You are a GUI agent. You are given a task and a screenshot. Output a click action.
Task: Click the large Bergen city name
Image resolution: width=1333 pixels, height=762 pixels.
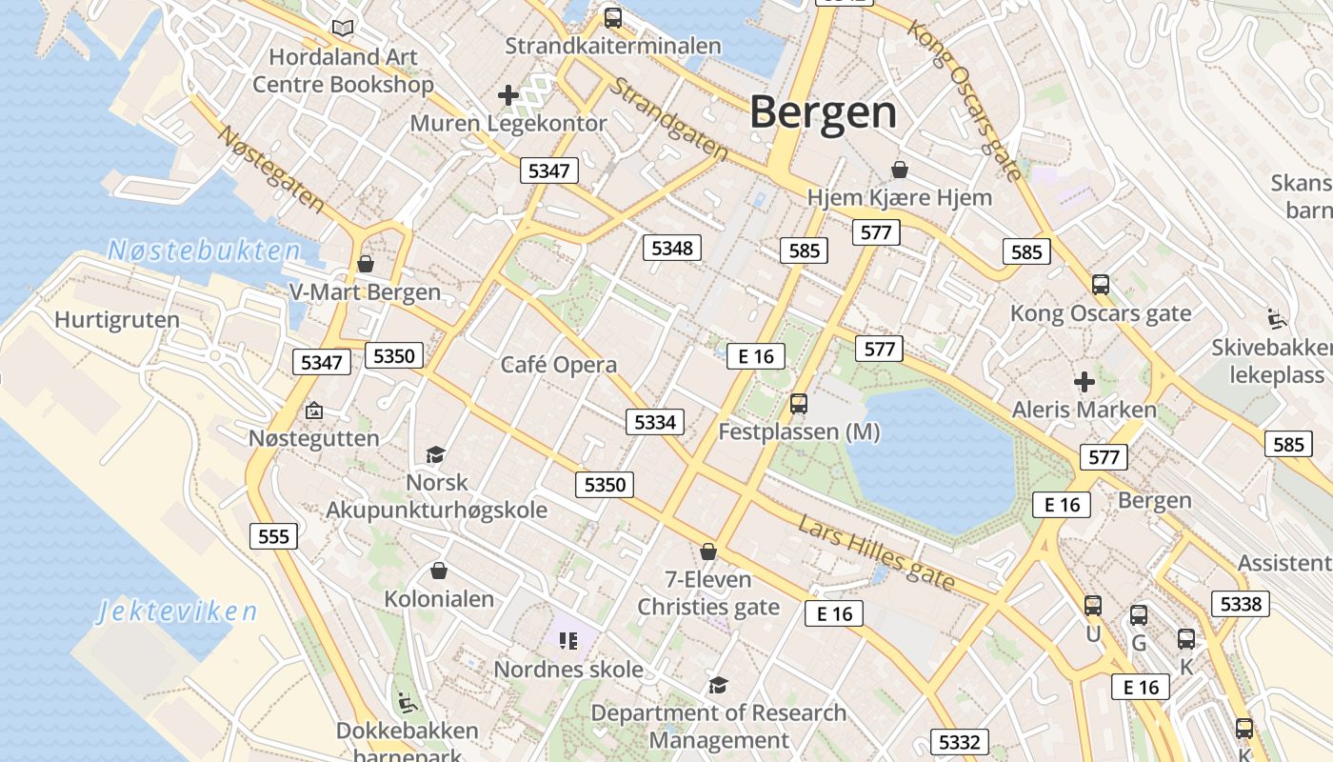click(823, 112)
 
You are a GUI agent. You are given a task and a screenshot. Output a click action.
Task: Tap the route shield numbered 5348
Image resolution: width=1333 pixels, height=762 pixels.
click(672, 249)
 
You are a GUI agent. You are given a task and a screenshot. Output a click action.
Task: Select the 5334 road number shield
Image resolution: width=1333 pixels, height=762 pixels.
click(655, 422)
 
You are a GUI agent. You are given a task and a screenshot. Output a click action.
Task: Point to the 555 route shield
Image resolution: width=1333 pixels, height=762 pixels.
click(273, 536)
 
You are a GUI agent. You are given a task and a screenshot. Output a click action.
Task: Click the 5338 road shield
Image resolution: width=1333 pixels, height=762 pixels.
click(1240, 603)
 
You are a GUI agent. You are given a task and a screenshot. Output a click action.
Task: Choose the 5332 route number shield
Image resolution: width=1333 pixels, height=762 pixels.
click(959, 742)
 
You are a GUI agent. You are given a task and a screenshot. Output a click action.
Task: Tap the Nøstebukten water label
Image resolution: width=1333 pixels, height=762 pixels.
click(204, 251)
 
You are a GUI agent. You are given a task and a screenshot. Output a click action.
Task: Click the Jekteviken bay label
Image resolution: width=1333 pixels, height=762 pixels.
click(177, 612)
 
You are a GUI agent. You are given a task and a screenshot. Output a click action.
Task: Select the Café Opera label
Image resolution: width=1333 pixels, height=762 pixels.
click(559, 365)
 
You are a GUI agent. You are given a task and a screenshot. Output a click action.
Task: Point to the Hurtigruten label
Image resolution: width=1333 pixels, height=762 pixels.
click(117, 320)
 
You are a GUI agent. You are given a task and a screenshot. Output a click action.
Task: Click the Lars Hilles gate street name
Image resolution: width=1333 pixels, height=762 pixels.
click(876, 553)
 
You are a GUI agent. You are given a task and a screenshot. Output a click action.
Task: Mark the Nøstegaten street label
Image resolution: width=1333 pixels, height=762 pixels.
click(271, 168)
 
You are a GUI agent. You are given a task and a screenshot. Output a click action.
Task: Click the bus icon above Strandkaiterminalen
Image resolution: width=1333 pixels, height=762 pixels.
click(613, 18)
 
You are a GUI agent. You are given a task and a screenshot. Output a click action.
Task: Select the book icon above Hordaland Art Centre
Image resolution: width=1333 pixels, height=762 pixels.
click(342, 29)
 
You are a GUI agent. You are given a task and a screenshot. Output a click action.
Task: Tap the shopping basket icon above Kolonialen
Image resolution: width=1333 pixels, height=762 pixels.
click(439, 571)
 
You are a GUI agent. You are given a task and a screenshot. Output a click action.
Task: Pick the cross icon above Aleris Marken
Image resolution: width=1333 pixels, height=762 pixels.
click(1084, 382)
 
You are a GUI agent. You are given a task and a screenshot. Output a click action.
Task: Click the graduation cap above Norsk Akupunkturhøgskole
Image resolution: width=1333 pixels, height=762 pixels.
click(435, 454)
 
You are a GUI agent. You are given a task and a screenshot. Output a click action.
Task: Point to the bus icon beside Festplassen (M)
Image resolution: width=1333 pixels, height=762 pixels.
click(799, 404)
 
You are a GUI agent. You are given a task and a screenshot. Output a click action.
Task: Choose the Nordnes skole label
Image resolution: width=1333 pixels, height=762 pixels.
click(568, 670)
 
